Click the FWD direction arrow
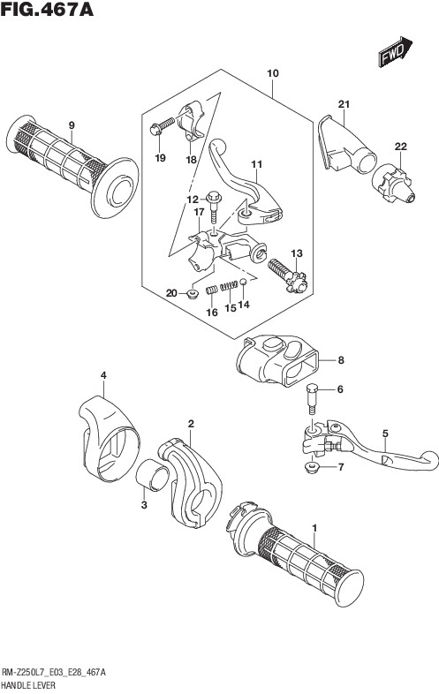tap(395, 52)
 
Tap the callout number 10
tap(273, 73)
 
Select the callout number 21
tap(344, 104)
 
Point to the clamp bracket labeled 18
tap(191, 119)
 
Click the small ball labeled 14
tap(243, 282)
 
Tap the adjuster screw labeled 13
tap(287, 275)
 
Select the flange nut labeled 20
tap(193, 293)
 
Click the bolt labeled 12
tap(214, 207)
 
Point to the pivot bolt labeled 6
tap(312, 398)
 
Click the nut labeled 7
tap(312, 467)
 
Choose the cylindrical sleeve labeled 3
tap(152, 475)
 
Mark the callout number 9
tap(72, 125)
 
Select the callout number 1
tap(314, 528)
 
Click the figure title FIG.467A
tap(47, 10)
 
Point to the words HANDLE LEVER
tap(29, 685)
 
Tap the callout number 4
tap(103, 375)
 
